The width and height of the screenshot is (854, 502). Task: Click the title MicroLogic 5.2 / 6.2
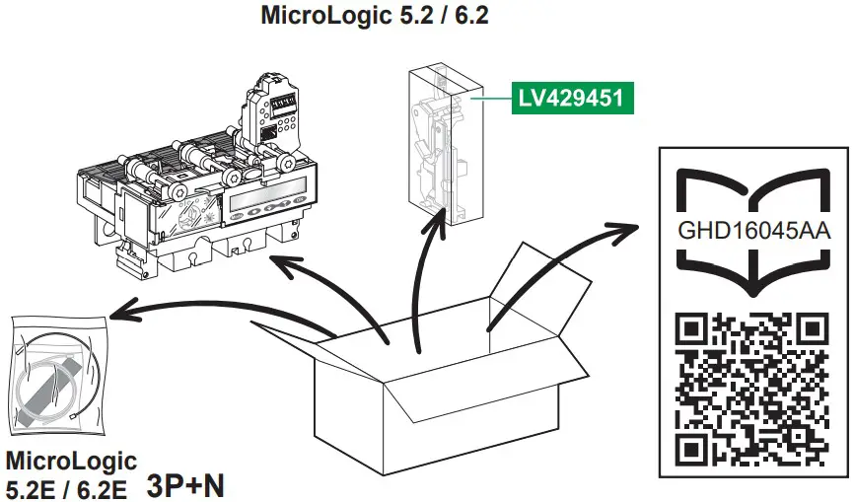pos(376,16)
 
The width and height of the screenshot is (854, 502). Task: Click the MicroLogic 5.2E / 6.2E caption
pos(69,473)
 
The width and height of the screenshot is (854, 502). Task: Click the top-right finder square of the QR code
pos(812,331)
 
